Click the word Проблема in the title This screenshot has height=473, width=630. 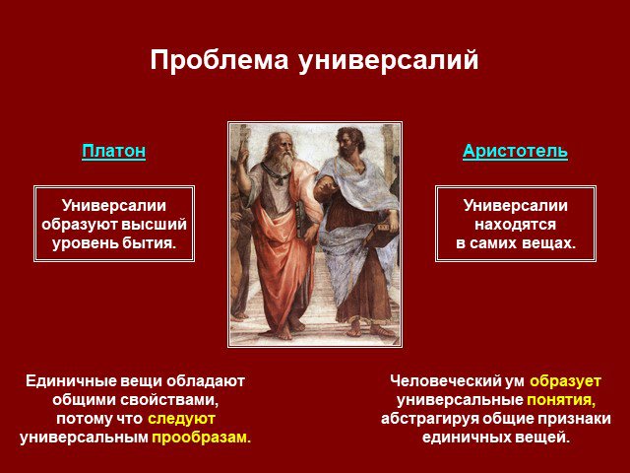click(x=220, y=61)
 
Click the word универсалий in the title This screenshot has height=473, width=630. click(x=389, y=61)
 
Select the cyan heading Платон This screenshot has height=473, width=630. click(x=114, y=152)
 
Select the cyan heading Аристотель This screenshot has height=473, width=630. click(x=515, y=152)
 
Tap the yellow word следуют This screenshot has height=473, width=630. click(x=181, y=419)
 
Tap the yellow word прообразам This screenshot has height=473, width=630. click(x=201, y=438)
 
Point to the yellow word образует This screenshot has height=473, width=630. click(x=565, y=381)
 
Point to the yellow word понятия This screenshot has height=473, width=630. click(x=561, y=400)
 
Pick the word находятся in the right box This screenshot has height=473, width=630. click(x=515, y=225)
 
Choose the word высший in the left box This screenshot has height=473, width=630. click(x=154, y=225)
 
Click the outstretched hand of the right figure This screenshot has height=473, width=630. click(x=326, y=188)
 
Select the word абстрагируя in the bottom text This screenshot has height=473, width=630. click(x=430, y=419)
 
